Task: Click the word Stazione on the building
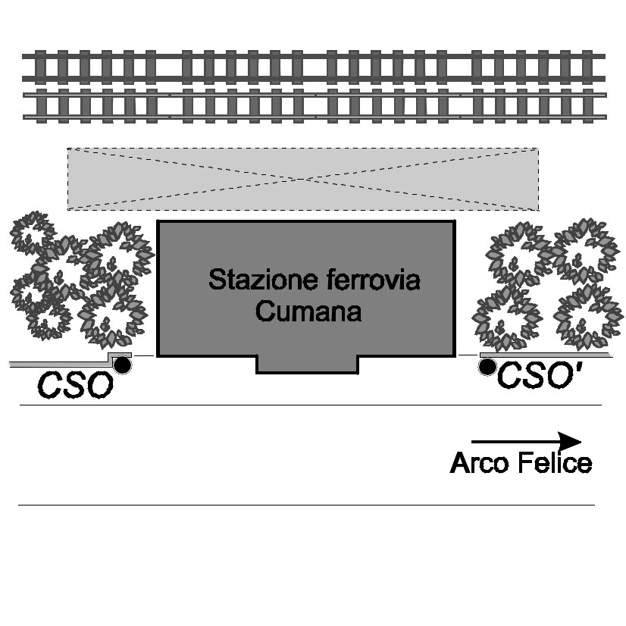pos(250,280)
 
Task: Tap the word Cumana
pos(308,311)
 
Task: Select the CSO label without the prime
pos(75,386)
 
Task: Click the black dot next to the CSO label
pos(121,366)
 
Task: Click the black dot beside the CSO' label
pos(488,368)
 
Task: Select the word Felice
pos(556,463)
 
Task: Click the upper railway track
pos(314,67)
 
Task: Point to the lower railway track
pos(314,105)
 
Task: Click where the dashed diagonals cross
pos(303,179)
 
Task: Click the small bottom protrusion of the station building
pos(307,364)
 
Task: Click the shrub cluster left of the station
pos(76,277)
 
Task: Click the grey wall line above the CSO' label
pos(546,354)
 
